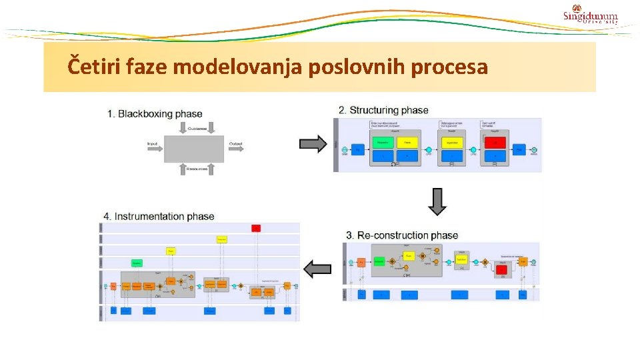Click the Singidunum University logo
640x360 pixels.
click(590, 17)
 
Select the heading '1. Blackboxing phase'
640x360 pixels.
click(155, 114)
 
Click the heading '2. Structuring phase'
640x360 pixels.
click(383, 110)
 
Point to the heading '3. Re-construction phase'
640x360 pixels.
click(402, 235)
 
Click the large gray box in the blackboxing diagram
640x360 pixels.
click(194, 148)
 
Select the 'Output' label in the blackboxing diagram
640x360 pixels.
click(235, 144)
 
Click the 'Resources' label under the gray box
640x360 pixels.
click(196, 169)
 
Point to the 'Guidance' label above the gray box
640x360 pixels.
click(196, 128)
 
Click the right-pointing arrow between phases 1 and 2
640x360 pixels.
click(313, 143)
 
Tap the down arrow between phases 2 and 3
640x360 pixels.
click(437, 202)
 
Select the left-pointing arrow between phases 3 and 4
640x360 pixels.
click(317, 269)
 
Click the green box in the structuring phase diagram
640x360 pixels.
click(383, 143)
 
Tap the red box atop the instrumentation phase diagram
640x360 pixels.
click(255, 228)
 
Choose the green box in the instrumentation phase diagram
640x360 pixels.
click(137, 263)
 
